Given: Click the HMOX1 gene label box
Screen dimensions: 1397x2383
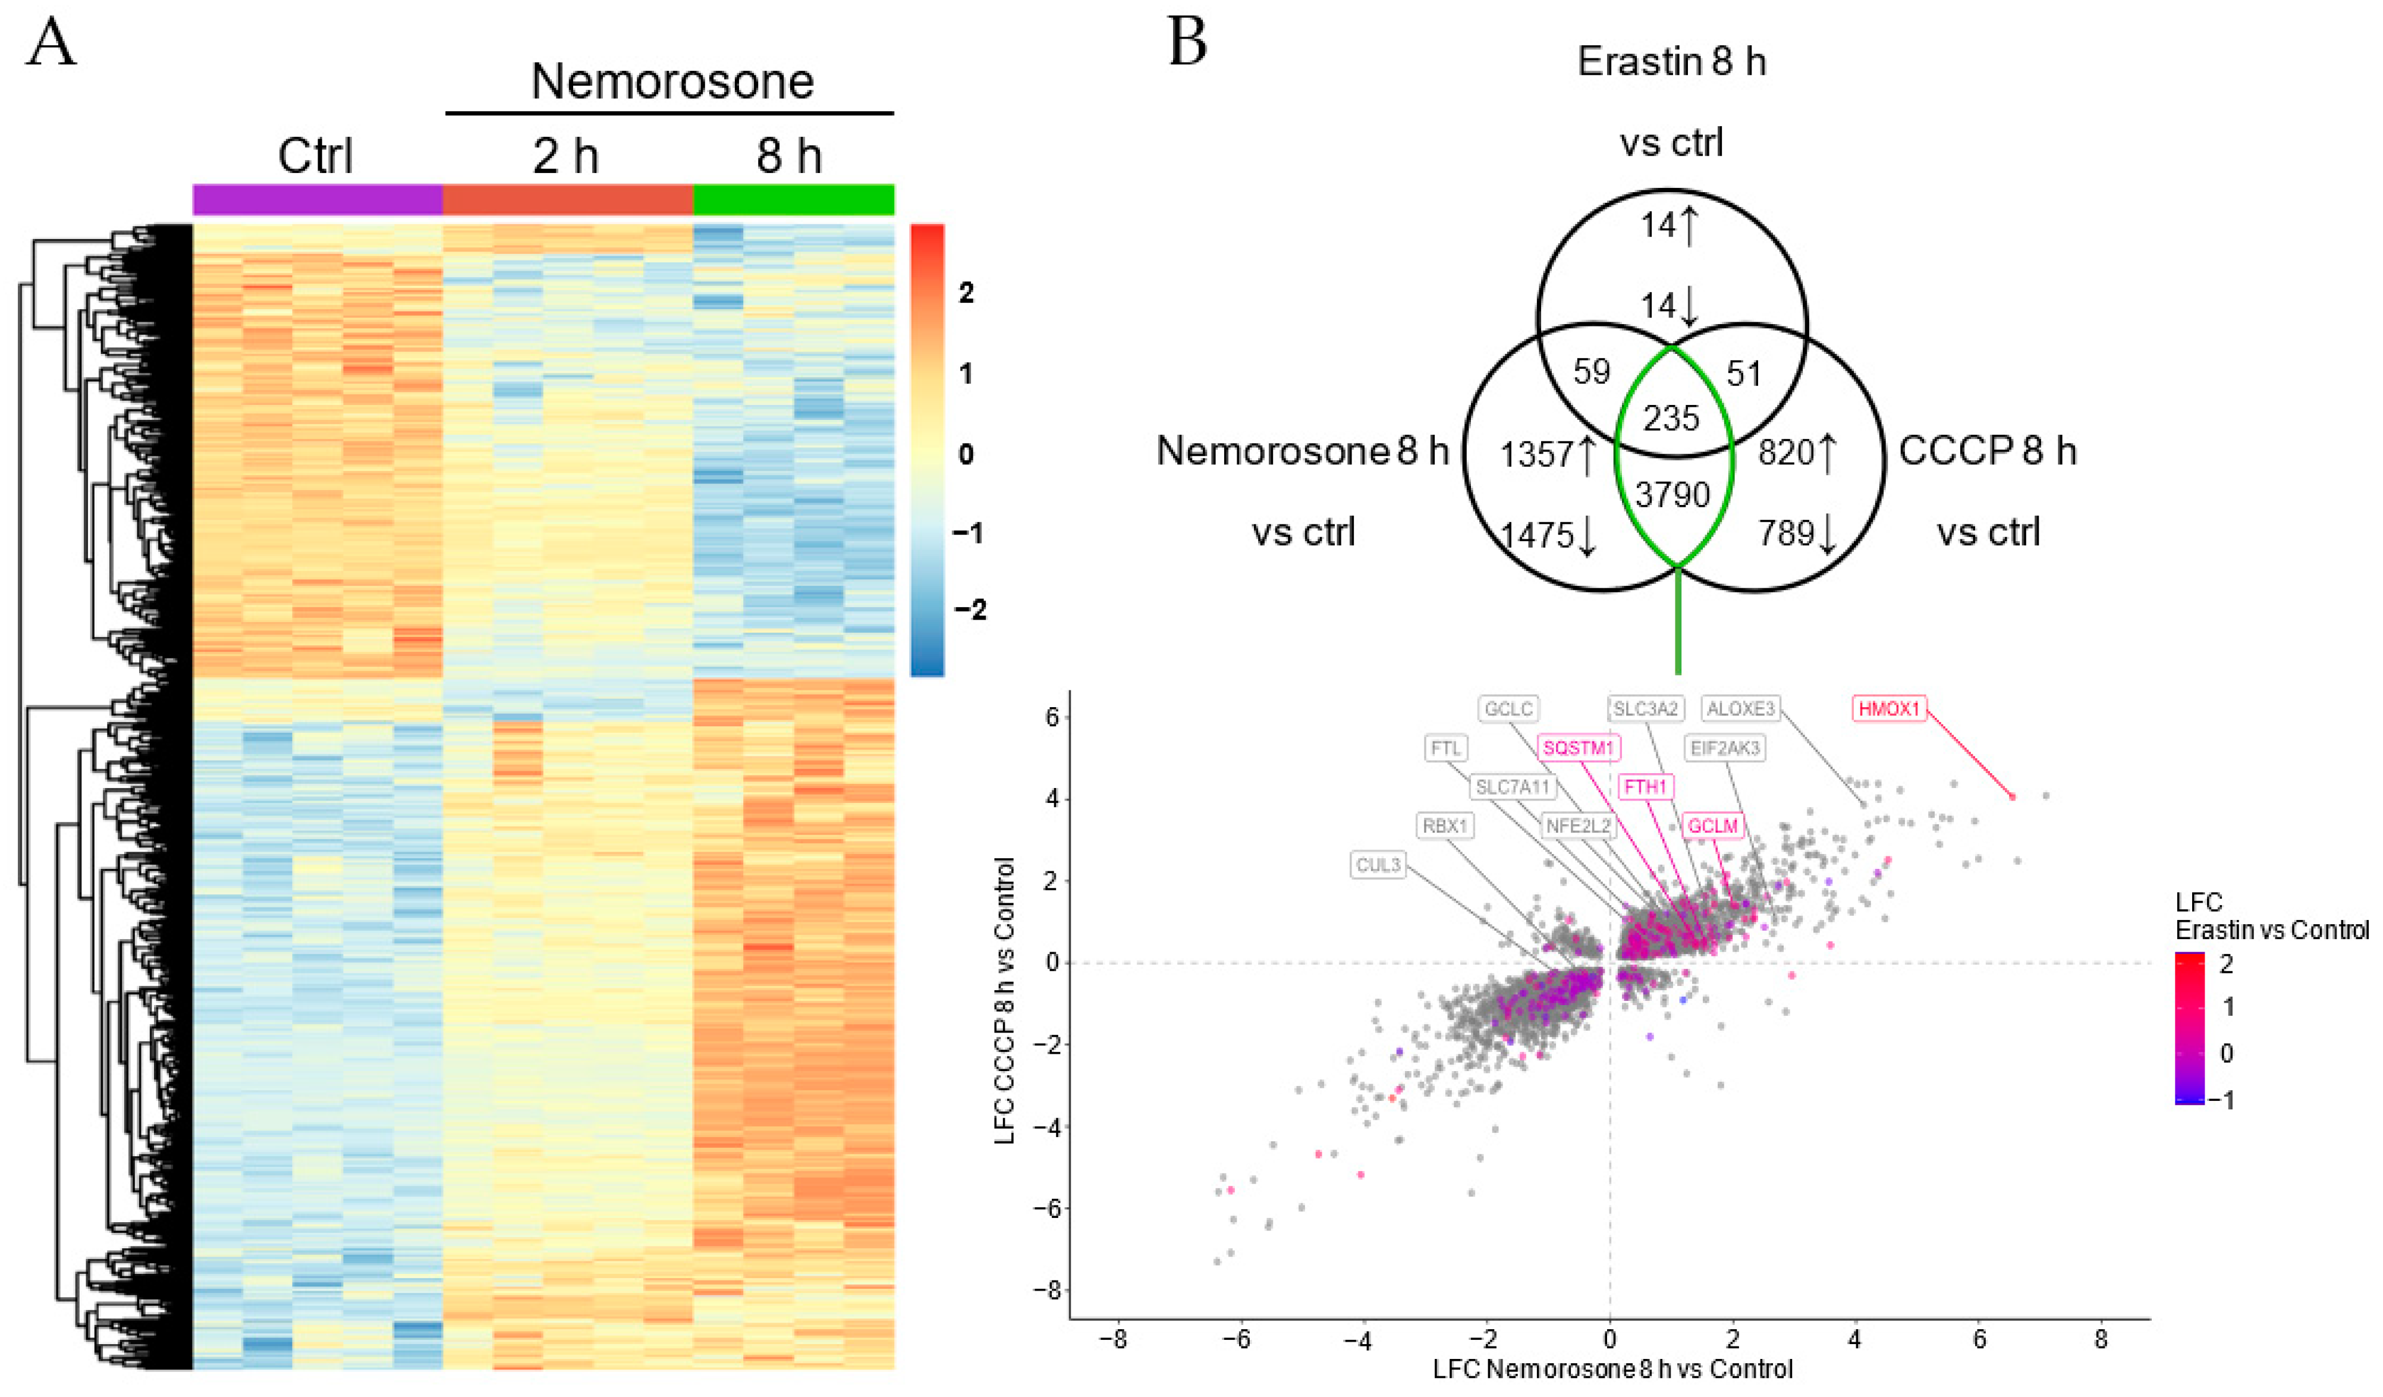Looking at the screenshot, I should point(1888,708).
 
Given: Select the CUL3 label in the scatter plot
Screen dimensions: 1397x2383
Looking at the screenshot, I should point(1378,865).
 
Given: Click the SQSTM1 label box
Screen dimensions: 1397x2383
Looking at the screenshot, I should point(1579,748).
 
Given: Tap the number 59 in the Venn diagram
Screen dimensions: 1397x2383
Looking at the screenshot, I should point(1592,372).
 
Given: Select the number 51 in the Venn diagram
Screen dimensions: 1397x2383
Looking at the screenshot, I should point(1744,373).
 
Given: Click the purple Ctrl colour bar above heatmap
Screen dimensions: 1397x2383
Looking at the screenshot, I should point(317,200).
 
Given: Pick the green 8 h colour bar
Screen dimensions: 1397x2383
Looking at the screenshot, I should point(793,200).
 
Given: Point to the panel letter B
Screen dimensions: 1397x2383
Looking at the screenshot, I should point(1188,43).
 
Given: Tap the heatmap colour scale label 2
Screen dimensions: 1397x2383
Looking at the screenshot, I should point(966,293).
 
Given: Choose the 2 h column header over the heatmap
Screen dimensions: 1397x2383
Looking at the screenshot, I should point(565,156).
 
